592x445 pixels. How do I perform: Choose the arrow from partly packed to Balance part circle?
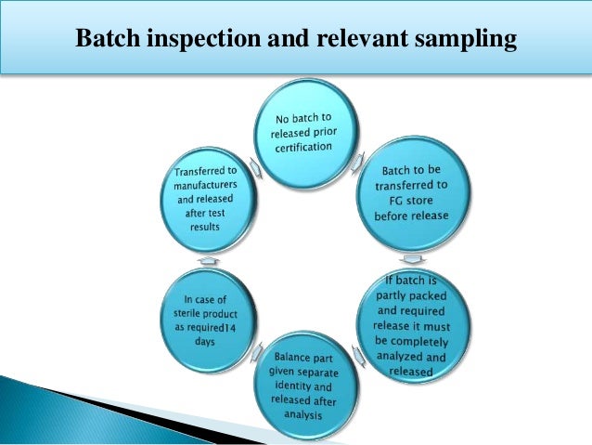pos(363,364)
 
